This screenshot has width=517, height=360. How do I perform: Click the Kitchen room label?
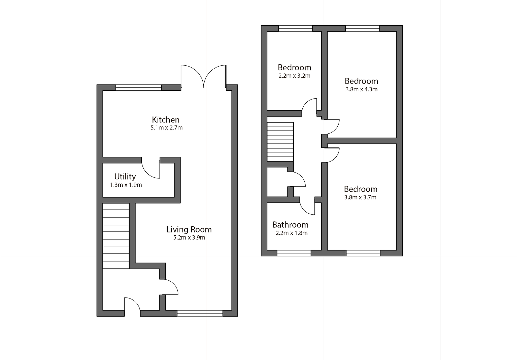tap(166, 119)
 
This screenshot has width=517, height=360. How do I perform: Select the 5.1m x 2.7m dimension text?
tap(166, 128)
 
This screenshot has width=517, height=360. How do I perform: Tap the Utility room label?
tap(125, 176)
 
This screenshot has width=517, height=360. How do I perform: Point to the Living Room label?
tap(189, 230)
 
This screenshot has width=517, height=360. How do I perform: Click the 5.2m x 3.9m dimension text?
tap(189, 238)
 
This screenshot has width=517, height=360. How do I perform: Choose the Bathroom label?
tap(290, 225)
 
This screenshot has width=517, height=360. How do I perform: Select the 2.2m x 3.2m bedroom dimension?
tap(294, 76)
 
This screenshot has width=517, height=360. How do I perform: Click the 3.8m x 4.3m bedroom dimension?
tap(361, 89)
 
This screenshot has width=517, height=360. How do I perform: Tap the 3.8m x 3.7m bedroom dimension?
tap(360, 197)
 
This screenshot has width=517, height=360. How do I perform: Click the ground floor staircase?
tap(116, 236)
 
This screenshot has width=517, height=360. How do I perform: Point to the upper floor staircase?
tap(280, 141)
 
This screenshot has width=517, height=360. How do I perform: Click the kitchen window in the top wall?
tap(139, 87)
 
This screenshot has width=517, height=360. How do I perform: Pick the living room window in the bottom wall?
tap(200, 313)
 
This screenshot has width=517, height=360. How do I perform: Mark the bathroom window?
tap(294, 253)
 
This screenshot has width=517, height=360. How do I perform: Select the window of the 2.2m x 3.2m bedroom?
tap(295, 28)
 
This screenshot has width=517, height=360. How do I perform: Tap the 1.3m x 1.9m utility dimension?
tap(126, 185)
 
